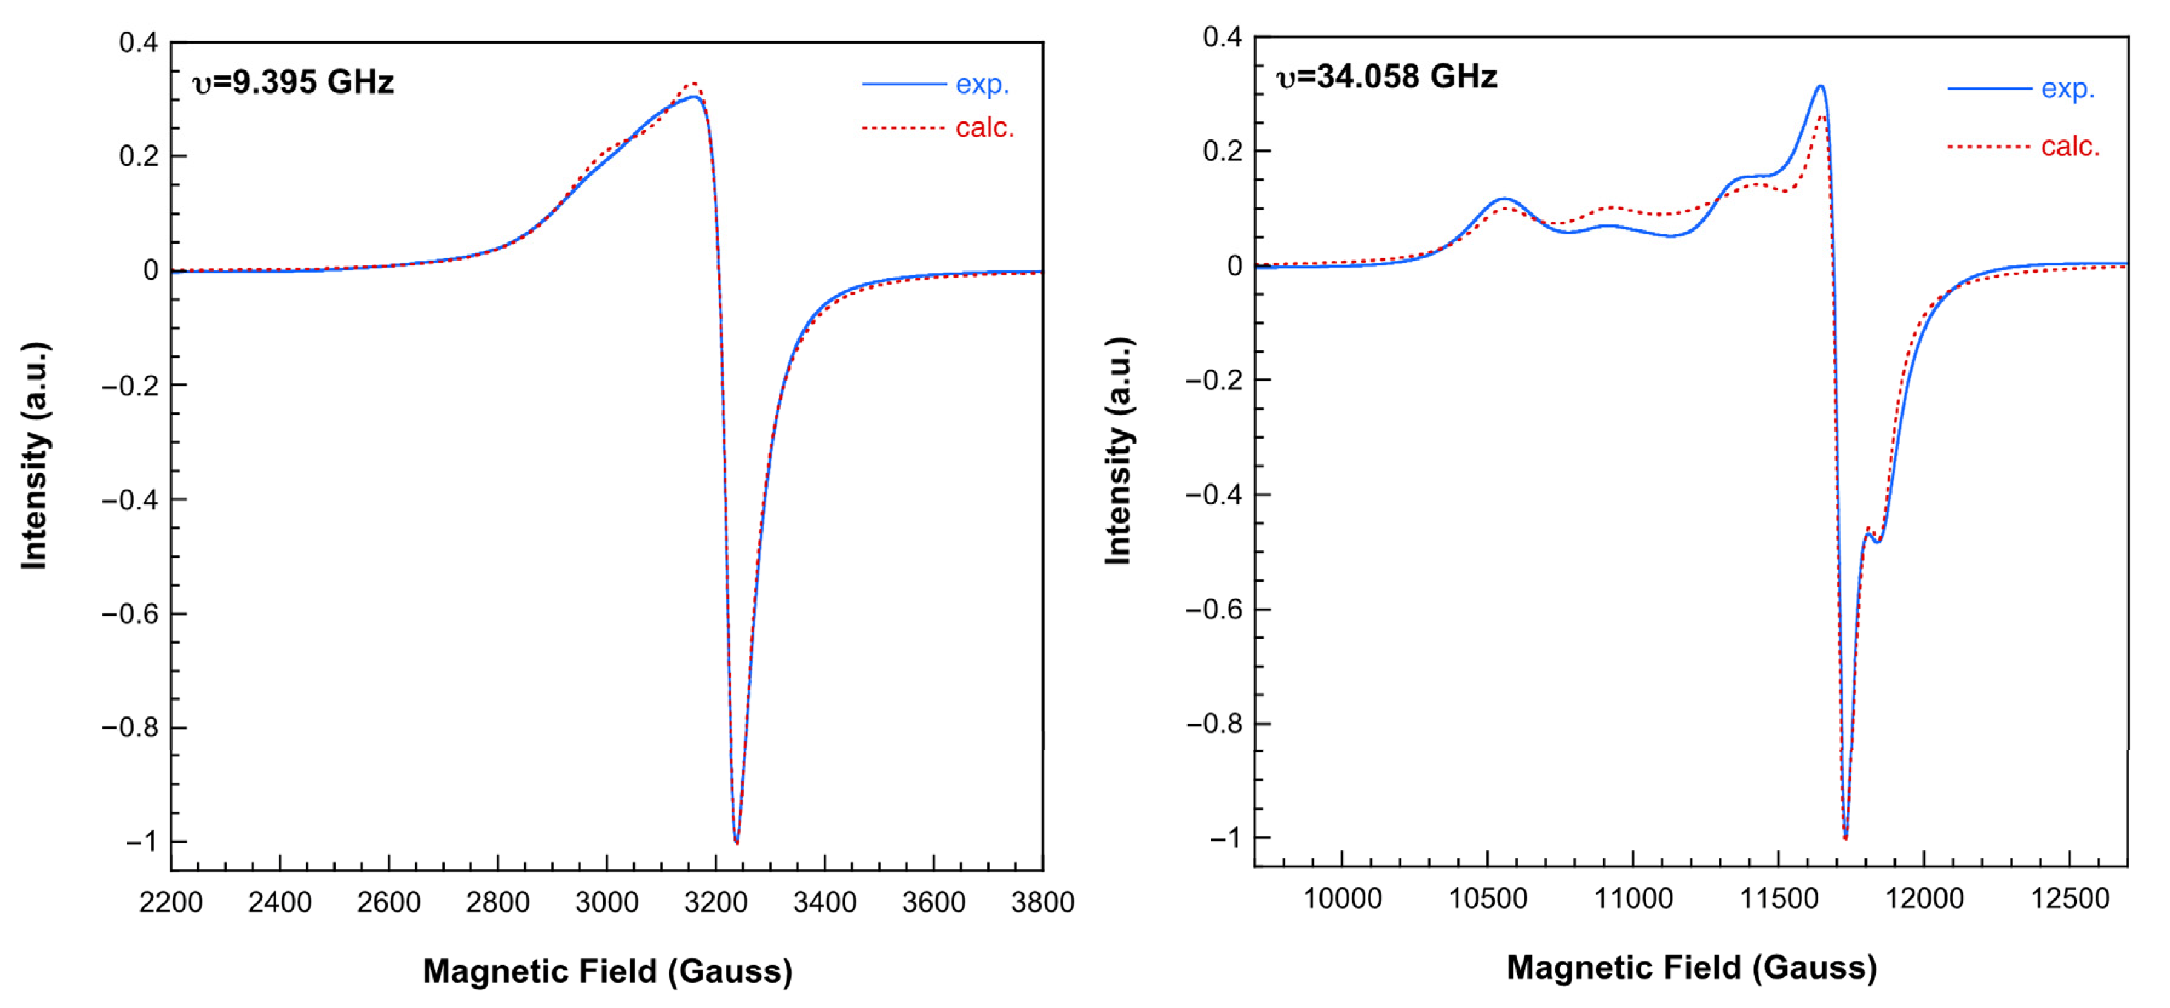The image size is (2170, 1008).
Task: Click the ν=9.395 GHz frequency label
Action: pyautogui.click(x=293, y=82)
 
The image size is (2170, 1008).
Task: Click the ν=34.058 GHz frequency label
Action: pyautogui.click(x=1386, y=78)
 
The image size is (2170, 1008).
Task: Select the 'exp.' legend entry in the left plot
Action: pyautogui.click(x=981, y=84)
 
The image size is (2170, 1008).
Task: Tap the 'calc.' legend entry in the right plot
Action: pyautogui.click(x=2069, y=147)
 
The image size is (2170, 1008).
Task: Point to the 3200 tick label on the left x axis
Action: pyautogui.click(x=715, y=903)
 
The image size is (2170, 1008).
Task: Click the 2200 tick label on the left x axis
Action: pyautogui.click(x=171, y=903)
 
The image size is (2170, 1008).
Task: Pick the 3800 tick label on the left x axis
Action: pyautogui.click(x=1042, y=903)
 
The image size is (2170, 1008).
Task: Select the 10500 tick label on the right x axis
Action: pyautogui.click(x=1487, y=898)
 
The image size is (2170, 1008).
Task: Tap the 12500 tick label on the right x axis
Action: pyautogui.click(x=2069, y=898)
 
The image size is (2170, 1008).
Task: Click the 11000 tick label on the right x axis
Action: pyautogui.click(x=1633, y=898)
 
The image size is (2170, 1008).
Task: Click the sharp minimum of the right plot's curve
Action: pyautogui.click(x=1845, y=837)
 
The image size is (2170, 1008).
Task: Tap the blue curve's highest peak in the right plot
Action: pyautogui.click(x=1821, y=87)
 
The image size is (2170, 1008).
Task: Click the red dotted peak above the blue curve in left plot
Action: pyautogui.click(x=693, y=84)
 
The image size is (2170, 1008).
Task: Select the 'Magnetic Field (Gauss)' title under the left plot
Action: pyautogui.click(x=607, y=971)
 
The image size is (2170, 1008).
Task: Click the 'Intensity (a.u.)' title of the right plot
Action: pyautogui.click(x=1118, y=451)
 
